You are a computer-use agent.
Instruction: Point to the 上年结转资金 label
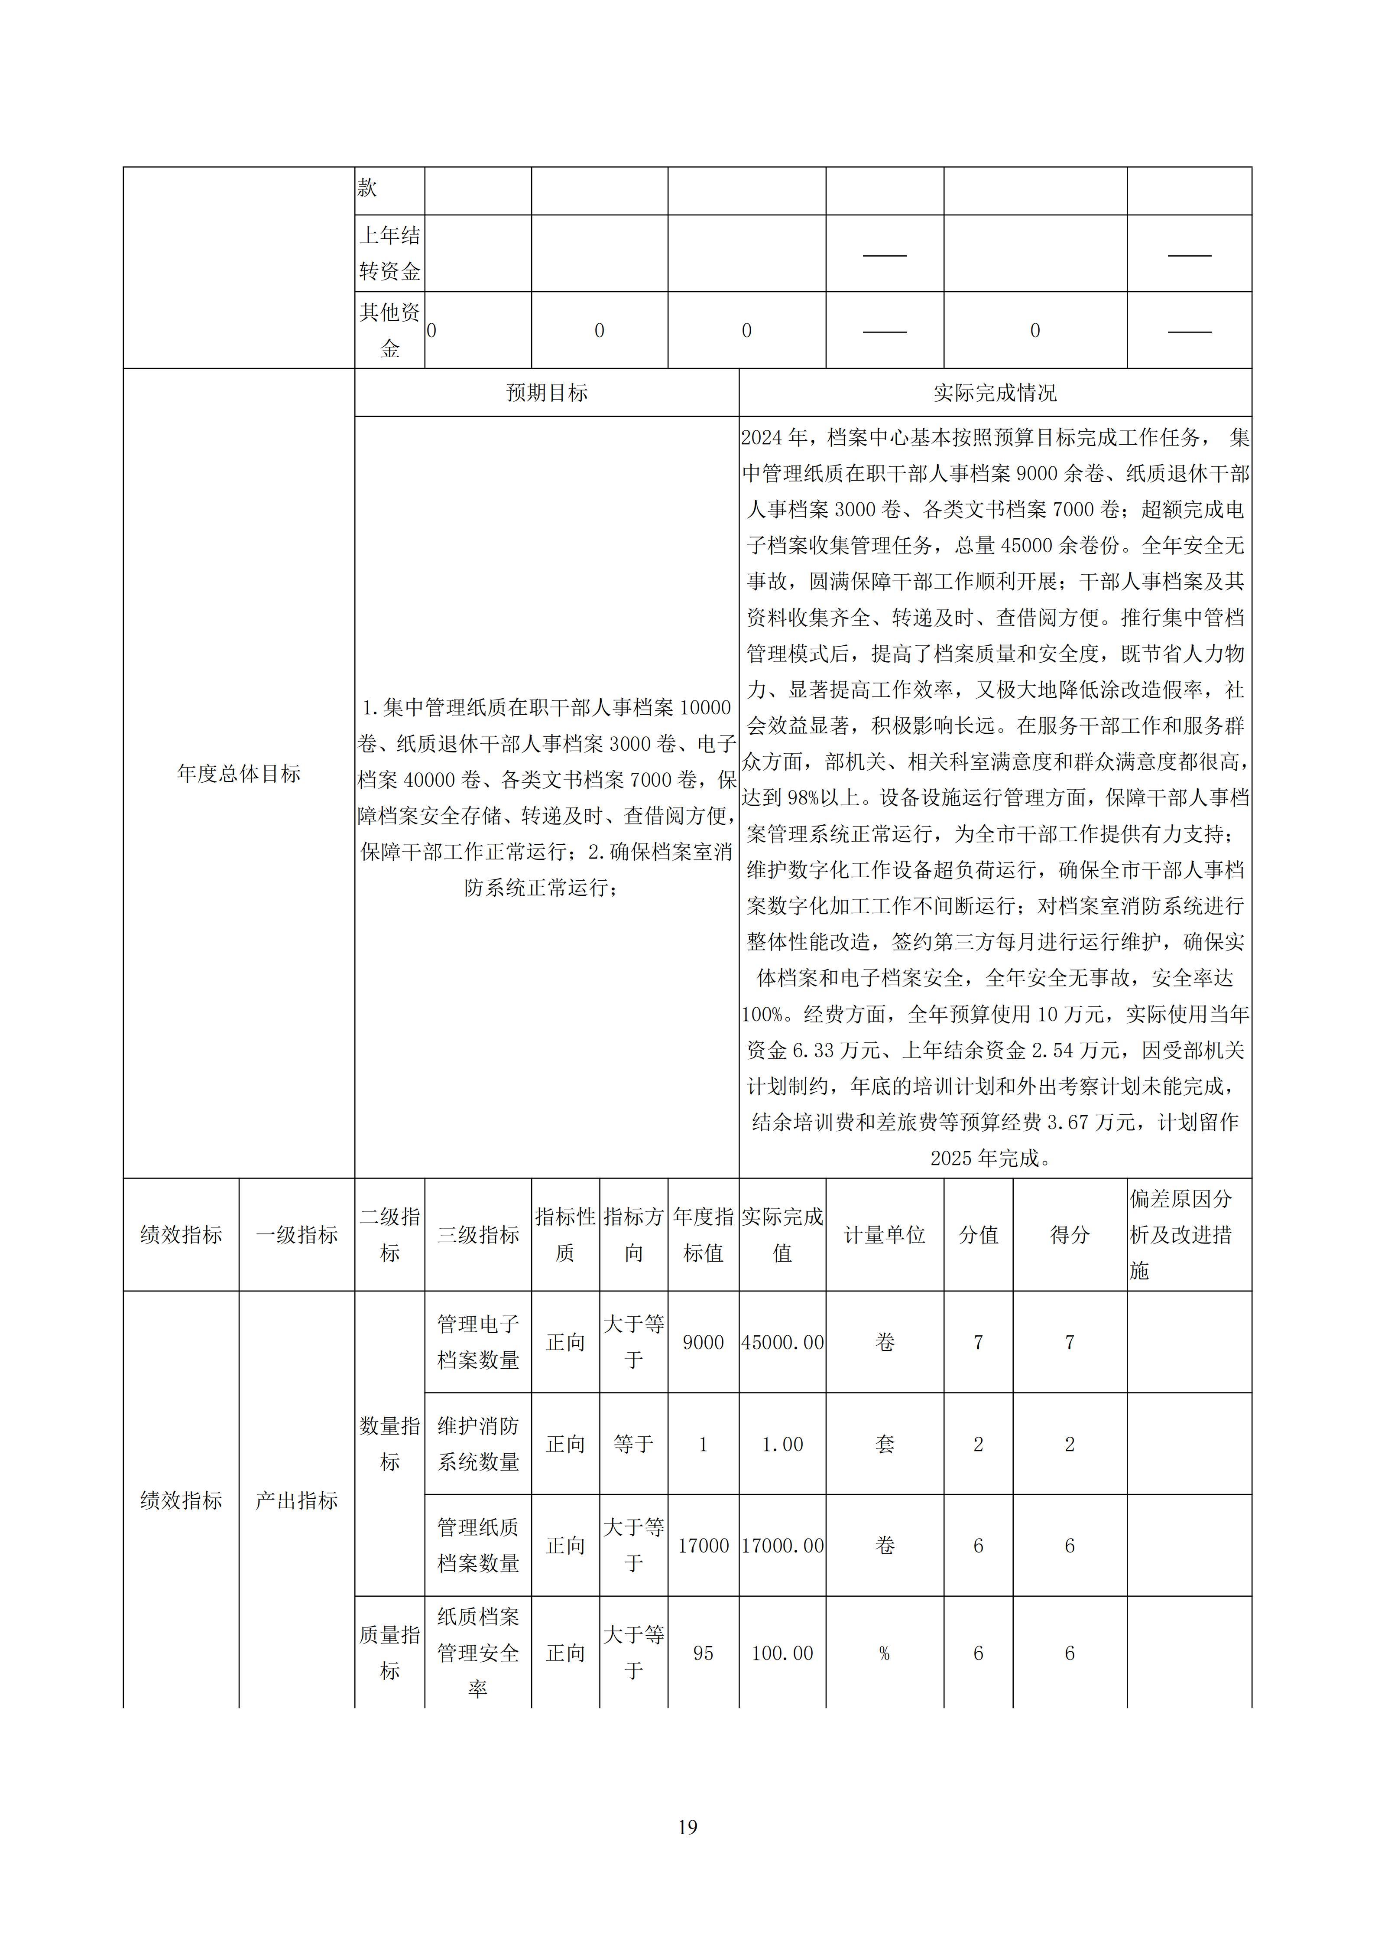tap(390, 254)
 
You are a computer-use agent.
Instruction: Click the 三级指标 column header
tap(478, 1235)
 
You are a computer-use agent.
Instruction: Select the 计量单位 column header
tap(885, 1235)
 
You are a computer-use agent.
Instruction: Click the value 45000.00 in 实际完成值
tap(782, 1343)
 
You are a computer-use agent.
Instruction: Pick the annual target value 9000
tap(703, 1343)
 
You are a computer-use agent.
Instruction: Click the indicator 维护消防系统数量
tap(478, 1444)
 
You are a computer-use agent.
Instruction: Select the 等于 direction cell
tap(634, 1444)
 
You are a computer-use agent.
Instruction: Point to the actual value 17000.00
tap(782, 1546)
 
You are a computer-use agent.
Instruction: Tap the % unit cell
tap(885, 1653)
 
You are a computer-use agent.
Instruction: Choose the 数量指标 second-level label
tap(390, 1444)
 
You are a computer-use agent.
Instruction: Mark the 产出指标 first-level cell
tap(296, 1500)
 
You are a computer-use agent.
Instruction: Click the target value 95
tap(703, 1653)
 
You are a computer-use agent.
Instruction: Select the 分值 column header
tap(979, 1235)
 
